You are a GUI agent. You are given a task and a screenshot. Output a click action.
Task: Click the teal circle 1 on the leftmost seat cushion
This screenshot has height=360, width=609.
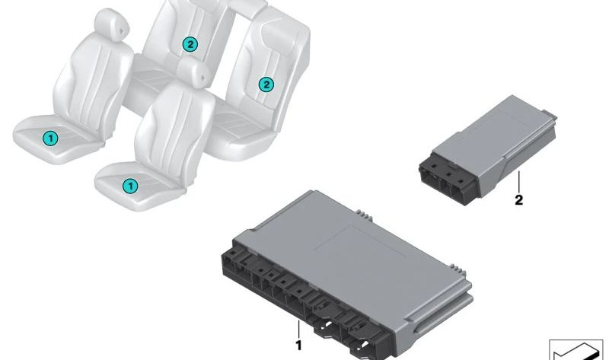click(x=50, y=138)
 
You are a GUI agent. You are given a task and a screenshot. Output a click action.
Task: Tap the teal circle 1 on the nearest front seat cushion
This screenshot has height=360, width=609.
click(x=130, y=186)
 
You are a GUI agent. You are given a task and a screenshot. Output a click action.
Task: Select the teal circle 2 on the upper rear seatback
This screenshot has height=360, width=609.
click(x=190, y=44)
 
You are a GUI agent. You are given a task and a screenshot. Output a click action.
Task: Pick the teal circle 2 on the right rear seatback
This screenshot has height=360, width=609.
click(x=266, y=84)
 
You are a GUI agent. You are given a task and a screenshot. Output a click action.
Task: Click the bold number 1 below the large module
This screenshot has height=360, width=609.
click(x=298, y=346)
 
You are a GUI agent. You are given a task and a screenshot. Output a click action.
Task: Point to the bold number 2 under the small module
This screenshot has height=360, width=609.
click(x=518, y=200)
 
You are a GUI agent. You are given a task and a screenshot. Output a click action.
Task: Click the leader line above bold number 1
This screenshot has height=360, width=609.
click(x=298, y=330)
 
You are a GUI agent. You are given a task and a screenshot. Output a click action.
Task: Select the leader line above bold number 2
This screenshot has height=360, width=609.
click(x=518, y=182)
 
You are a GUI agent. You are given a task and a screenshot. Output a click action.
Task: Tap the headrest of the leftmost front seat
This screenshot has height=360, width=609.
click(x=112, y=24)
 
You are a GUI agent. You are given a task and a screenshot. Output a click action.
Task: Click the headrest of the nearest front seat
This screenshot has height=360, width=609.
click(x=193, y=72)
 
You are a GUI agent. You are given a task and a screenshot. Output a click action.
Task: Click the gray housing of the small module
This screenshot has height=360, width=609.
click(x=501, y=140)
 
